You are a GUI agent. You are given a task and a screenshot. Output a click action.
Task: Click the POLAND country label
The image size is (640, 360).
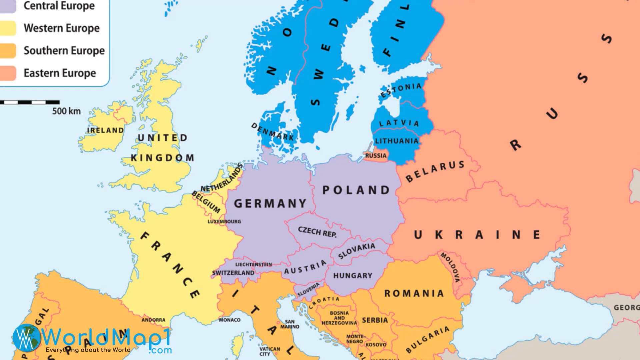356,190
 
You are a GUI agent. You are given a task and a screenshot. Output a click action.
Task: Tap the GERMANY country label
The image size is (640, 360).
270,203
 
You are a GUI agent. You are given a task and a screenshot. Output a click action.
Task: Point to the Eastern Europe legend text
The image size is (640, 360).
60,73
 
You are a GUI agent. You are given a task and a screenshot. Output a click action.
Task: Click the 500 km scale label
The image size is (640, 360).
66,111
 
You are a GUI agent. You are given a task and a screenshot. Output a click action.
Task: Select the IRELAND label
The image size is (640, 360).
105,130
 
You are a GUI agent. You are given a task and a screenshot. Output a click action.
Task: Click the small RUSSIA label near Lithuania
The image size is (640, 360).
376,156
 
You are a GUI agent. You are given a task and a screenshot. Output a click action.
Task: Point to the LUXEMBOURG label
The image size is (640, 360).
224,221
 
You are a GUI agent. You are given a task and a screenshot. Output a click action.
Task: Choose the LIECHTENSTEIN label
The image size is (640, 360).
253,264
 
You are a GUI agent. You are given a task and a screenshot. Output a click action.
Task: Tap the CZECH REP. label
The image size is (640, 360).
317,232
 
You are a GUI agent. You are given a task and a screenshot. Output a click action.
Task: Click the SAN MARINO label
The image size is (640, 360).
290,324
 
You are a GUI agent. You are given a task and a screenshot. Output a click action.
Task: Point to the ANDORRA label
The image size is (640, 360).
153,320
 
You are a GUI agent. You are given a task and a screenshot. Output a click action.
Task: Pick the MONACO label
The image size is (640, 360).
229,320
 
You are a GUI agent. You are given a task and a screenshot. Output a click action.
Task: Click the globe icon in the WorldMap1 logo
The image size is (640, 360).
26,338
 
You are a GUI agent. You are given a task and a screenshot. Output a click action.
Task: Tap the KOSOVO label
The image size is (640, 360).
376,345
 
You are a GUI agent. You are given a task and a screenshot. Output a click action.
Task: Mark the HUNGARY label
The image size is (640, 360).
352,276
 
